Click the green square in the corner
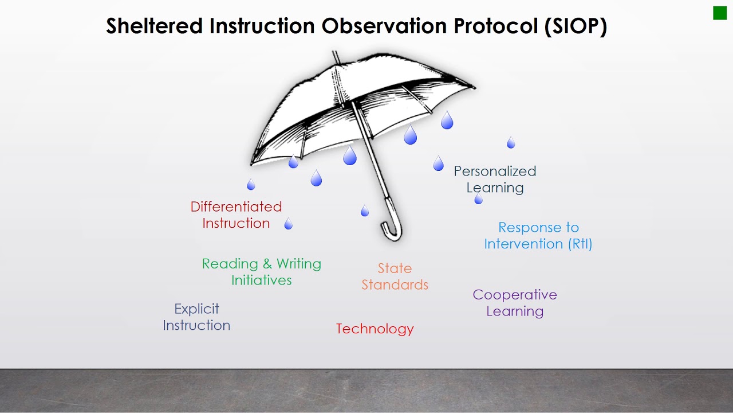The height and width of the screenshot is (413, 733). coord(719,13)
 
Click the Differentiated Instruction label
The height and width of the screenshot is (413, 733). coord(236,215)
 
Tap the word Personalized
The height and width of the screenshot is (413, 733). coord(495,171)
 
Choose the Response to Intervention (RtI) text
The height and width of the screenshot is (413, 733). coord(538,236)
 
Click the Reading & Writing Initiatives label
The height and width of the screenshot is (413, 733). coord(261,272)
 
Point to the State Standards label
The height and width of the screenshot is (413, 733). coord(395,276)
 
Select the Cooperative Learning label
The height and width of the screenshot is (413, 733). coord(514,303)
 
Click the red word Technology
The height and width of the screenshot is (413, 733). coord(375,329)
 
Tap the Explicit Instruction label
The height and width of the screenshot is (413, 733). coord(196,317)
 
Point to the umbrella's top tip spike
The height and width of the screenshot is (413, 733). coord(335,56)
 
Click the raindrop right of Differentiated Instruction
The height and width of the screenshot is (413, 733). coord(289,224)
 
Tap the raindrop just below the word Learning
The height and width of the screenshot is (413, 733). coord(479,200)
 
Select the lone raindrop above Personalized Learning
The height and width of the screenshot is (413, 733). coord(511,143)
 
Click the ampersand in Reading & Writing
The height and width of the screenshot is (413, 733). coord(267,264)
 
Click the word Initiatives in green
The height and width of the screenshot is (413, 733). coord(261,280)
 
